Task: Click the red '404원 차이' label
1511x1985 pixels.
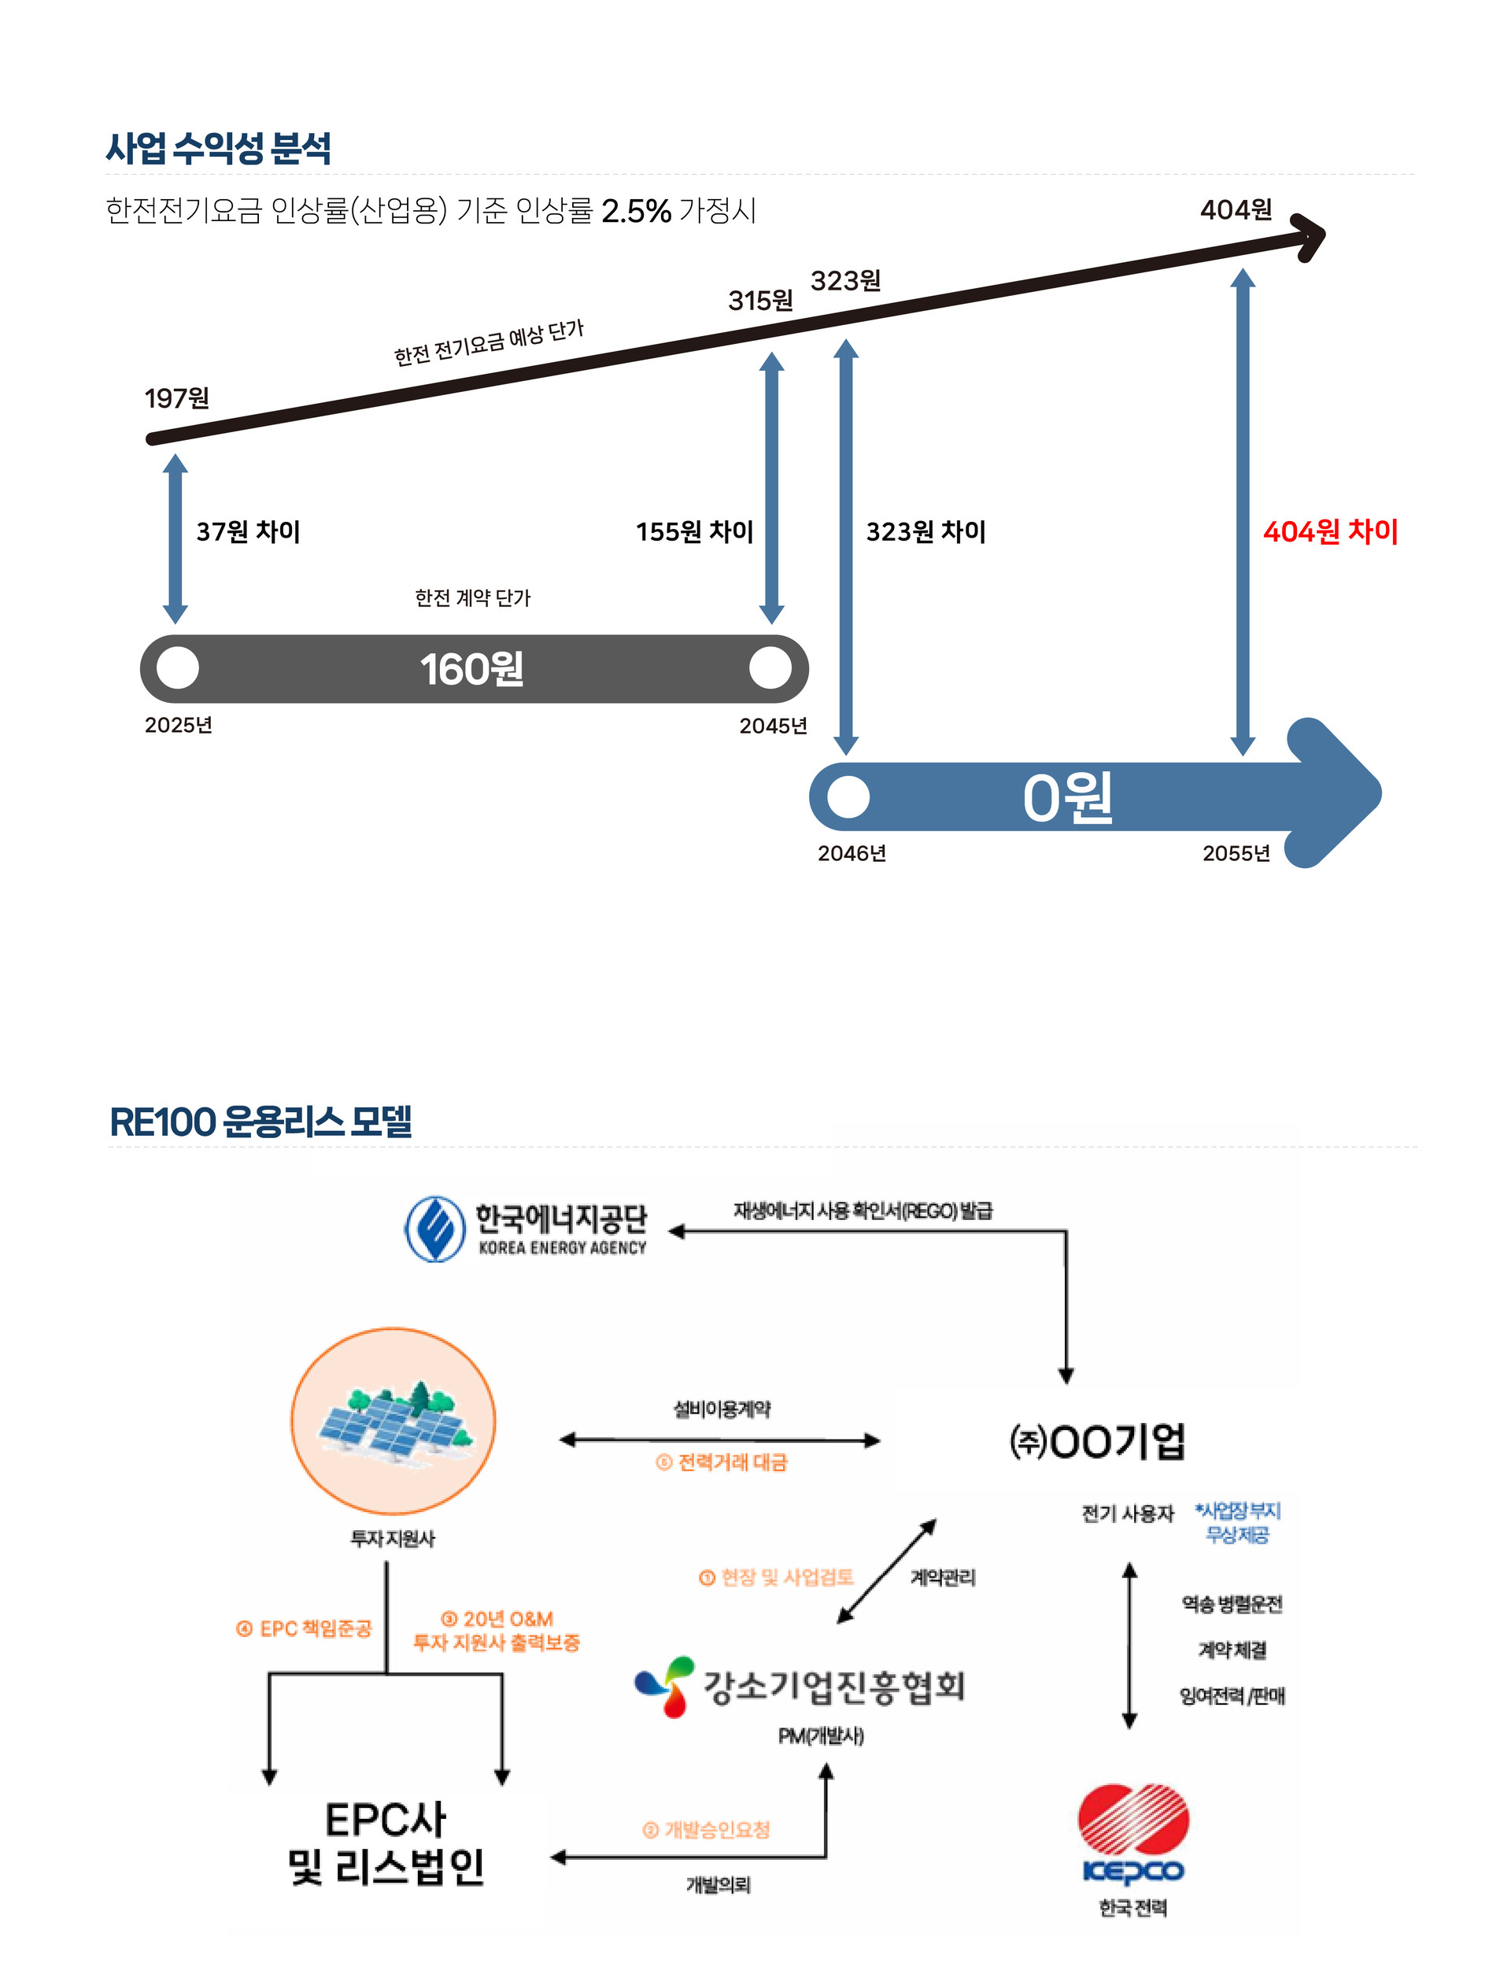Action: tap(1329, 531)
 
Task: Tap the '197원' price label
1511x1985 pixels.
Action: tap(177, 397)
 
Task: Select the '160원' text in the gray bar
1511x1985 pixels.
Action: tap(471, 669)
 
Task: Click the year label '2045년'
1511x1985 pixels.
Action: tap(773, 725)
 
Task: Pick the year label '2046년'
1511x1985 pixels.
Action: tap(851, 852)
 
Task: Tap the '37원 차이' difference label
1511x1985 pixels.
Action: tap(248, 531)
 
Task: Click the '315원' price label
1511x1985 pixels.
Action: tap(760, 301)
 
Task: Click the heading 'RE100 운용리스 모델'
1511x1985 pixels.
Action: tap(260, 1122)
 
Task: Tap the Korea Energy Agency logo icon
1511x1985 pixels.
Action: tap(435, 1229)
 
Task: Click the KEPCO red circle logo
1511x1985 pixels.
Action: tap(1133, 1819)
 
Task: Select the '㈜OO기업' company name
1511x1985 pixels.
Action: tap(1097, 1441)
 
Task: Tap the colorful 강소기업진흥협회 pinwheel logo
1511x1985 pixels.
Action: tap(666, 1687)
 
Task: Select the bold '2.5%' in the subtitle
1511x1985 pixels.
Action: tap(636, 212)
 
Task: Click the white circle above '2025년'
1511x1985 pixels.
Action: tap(178, 668)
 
